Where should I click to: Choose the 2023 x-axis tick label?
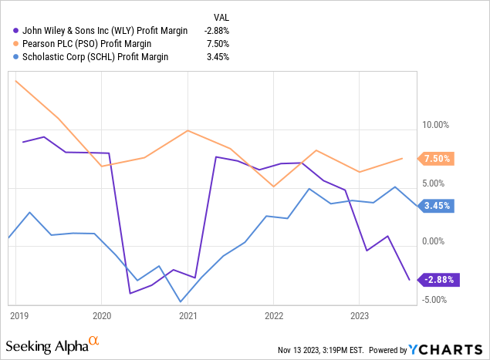359,315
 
